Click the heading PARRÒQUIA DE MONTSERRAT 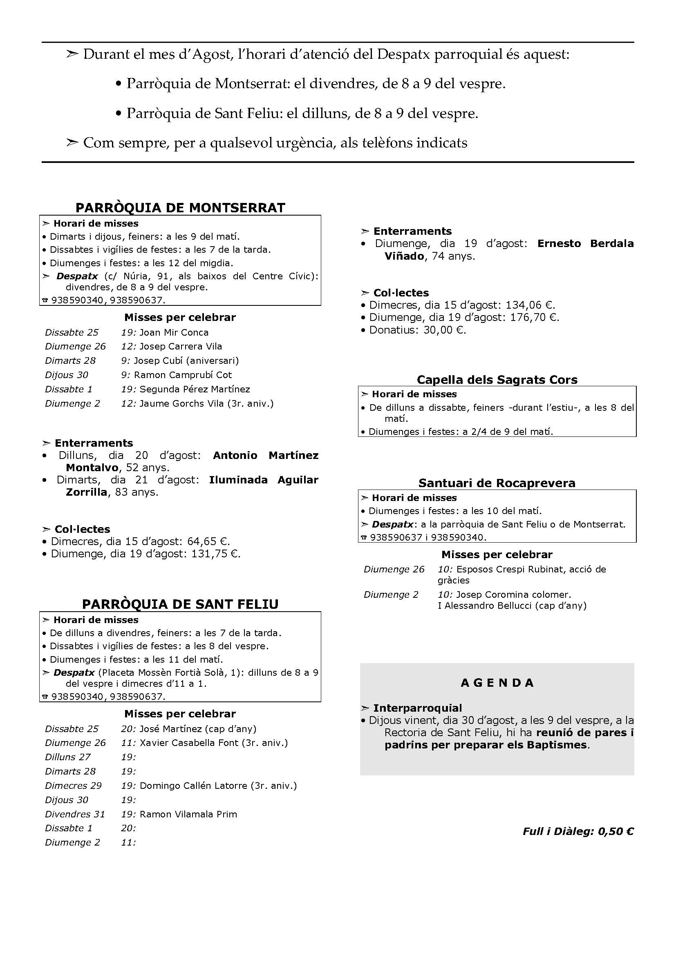click(180, 207)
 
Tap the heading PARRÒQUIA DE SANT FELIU click(180, 604)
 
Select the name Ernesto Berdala click(585, 243)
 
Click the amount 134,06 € click(534, 305)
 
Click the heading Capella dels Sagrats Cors click(497, 380)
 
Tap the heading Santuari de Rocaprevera click(497, 483)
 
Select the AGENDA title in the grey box click(497, 683)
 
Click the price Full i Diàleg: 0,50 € click(578, 831)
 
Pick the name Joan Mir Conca click(174, 332)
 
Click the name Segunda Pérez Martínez click(195, 389)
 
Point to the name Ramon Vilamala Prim click(188, 814)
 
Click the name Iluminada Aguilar click(264, 480)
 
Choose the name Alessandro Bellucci click(488, 606)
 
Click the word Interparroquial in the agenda click(418, 708)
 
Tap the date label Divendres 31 click(75, 814)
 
